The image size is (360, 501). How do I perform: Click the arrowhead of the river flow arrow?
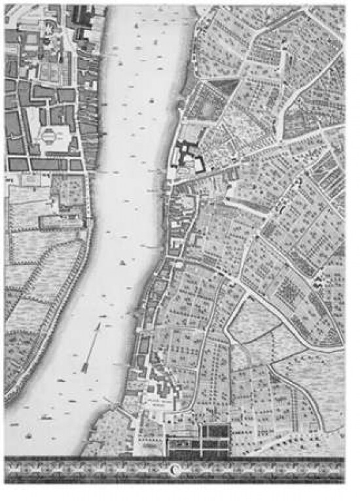click(x=99, y=325)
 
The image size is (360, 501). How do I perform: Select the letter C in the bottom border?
click(x=175, y=468)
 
